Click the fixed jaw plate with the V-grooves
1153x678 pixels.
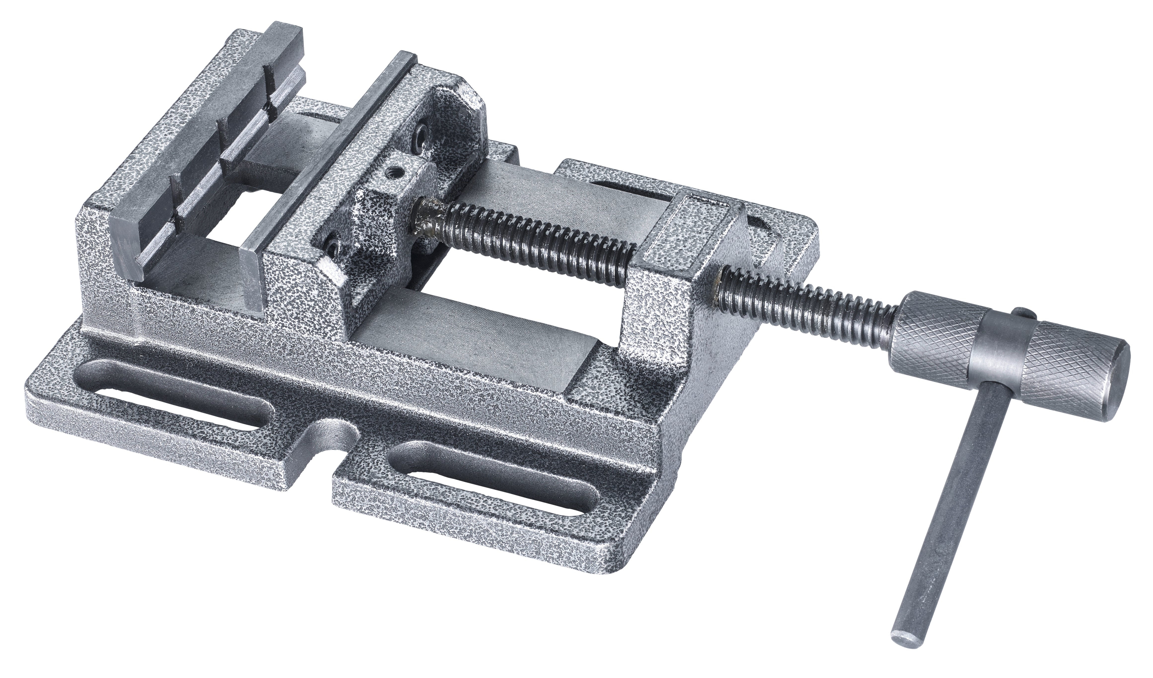pyautogui.click(x=192, y=151)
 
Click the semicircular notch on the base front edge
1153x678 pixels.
pyautogui.click(x=332, y=439)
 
